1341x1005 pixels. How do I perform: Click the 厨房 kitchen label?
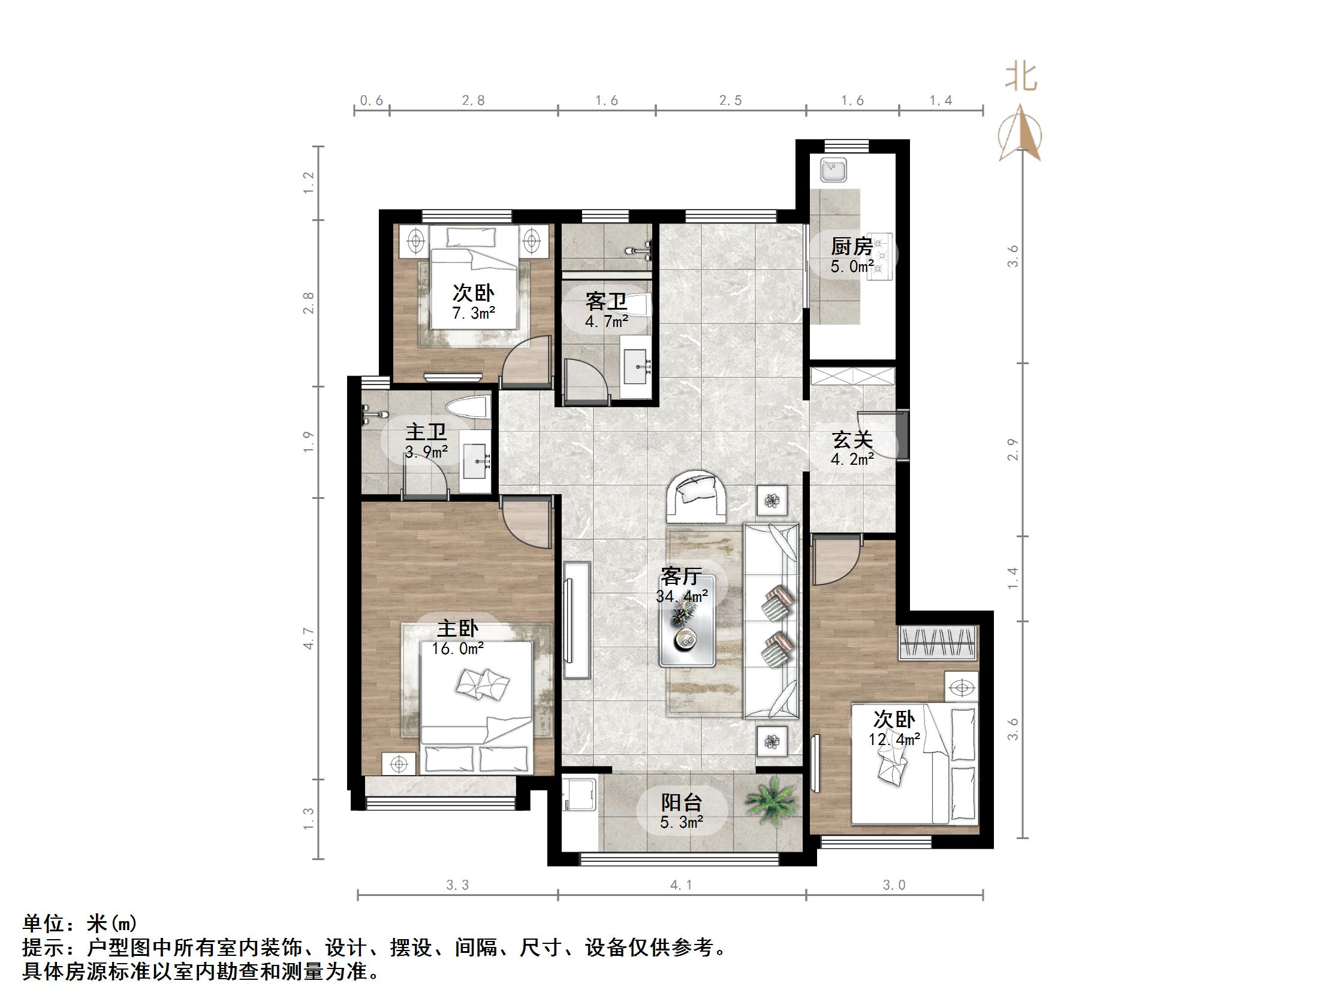click(852, 247)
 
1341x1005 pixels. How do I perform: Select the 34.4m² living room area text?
click(682, 596)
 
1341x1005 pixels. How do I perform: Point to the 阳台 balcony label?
click(682, 803)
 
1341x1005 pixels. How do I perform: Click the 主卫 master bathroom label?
click(426, 432)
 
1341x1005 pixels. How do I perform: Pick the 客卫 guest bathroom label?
click(605, 301)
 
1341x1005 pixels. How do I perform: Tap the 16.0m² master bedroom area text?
click(458, 649)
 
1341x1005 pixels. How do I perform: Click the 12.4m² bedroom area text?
click(894, 739)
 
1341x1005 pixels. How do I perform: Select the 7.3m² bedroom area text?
click(474, 313)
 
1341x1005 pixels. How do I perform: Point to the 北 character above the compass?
click(1021, 78)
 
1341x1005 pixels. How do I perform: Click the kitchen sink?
click(834, 169)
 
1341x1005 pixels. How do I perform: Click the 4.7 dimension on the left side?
click(309, 639)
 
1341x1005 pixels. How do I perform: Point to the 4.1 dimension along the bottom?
click(682, 885)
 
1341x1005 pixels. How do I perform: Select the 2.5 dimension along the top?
click(731, 101)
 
